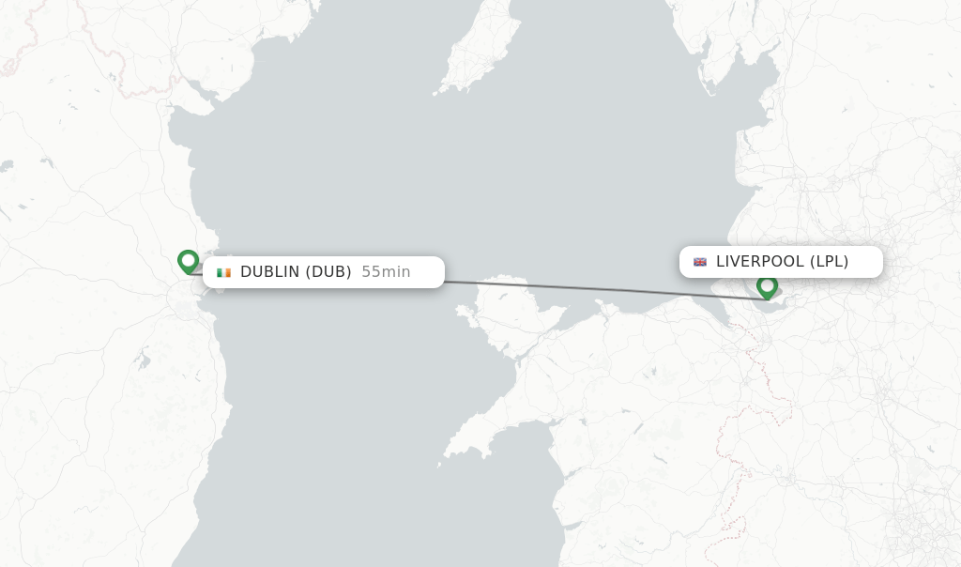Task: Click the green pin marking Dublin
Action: tap(188, 260)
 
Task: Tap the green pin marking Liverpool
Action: tap(767, 285)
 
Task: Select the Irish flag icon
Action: tap(223, 272)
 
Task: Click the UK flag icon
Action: tap(700, 262)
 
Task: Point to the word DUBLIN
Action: tap(269, 272)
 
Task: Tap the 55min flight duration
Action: tap(386, 272)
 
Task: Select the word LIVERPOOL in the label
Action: tap(760, 262)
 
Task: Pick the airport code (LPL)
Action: tap(829, 262)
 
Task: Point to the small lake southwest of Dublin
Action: tap(142, 358)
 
